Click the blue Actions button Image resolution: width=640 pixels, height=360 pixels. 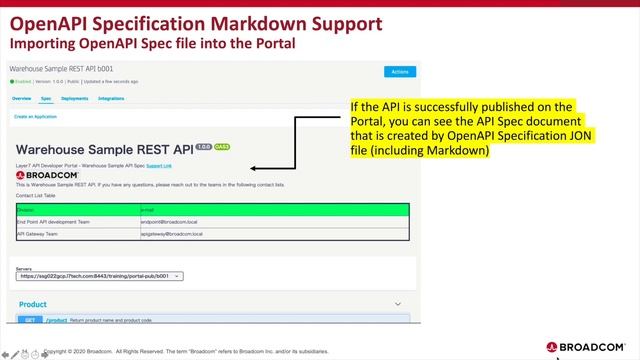click(399, 71)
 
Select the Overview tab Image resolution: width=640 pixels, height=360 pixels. click(22, 99)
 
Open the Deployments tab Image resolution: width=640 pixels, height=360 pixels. click(74, 99)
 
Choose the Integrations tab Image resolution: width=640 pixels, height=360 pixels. click(111, 99)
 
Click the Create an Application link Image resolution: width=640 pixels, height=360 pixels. click(34, 117)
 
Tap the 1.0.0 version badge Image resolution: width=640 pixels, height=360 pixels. click(203, 146)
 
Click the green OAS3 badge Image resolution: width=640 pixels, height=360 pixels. click(222, 146)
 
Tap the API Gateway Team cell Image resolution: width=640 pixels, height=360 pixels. click(39, 233)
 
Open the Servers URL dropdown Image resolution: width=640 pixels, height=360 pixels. click(100, 276)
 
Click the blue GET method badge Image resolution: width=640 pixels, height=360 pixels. click(31, 321)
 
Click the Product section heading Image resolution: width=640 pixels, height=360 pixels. click(33, 304)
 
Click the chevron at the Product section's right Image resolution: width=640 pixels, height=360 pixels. click(398, 304)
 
